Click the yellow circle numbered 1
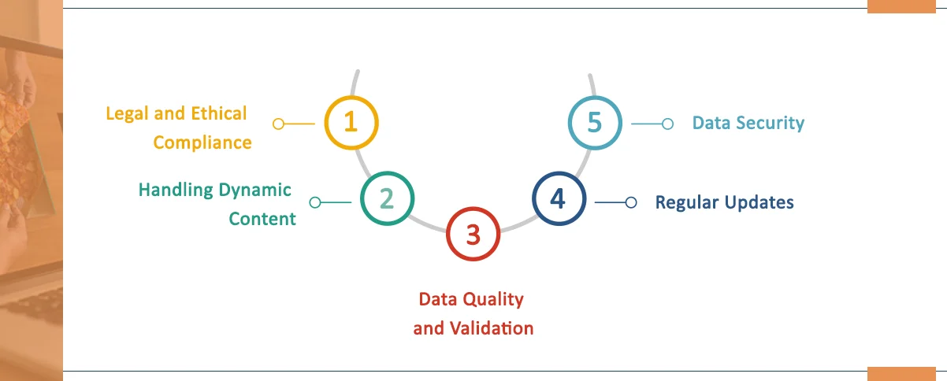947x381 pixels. click(351, 123)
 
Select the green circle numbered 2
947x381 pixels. click(387, 200)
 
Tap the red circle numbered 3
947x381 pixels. click(473, 234)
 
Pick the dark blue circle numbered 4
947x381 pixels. click(558, 200)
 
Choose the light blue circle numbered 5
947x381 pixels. click(594, 123)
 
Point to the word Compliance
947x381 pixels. click(202, 142)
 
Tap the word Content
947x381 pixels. click(262, 219)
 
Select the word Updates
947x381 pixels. click(757, 202)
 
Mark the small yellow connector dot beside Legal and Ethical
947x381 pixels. click(277, 124)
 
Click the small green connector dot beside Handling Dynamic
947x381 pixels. click(315, 202)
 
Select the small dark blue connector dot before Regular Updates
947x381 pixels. click(630, 202)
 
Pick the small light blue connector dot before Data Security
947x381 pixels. click(667, 124)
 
